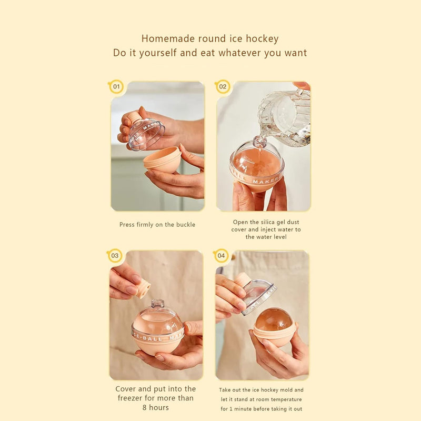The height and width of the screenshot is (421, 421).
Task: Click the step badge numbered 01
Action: point(116,87)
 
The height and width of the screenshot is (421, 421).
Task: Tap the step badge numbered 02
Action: point(223,87)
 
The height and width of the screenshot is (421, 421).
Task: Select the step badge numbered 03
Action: point(115,256)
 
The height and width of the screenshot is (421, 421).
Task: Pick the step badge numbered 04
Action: point(221,256)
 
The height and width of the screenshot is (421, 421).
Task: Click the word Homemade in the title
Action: point(168,38)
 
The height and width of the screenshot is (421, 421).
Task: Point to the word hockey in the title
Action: point(262,39)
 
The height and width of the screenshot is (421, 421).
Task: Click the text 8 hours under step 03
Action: point(156,407)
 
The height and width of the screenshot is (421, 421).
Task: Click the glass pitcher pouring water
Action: point(285,118)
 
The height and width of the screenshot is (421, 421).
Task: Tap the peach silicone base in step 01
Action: point(163,160)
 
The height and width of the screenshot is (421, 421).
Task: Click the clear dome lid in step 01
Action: point(146,134)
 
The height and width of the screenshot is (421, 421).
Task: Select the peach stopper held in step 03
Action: point(142,288)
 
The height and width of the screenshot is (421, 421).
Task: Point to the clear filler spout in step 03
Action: point(157,304)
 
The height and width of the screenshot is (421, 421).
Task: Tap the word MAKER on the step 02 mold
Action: point(265,181)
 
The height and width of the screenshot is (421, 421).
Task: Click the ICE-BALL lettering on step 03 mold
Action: point(147,337)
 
